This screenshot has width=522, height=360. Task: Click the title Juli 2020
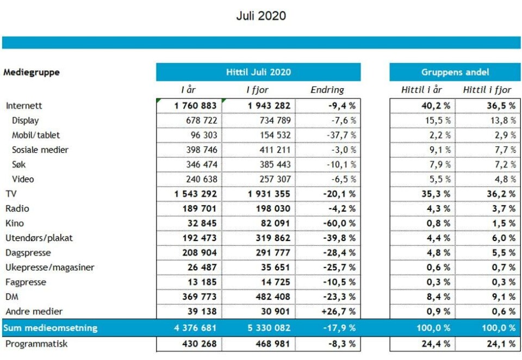click(x=261, y=16)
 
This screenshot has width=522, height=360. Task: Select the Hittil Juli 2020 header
click(x=258, y=72)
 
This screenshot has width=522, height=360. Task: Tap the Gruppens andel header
click(x=455, y=72)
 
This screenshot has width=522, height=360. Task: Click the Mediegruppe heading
click(x=32, y=72)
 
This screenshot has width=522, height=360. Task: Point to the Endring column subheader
click(x=327, y=90)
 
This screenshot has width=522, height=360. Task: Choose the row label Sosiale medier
click(x=40, y=150)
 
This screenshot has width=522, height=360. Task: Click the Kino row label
click(x=15, y=223)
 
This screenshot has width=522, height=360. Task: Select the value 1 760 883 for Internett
click(x=195, y=105)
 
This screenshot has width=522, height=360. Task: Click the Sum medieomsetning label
click(x=50, y=328)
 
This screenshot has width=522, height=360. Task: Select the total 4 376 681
click(x=195, y=328)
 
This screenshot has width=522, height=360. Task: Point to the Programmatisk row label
click(x=36, y=344)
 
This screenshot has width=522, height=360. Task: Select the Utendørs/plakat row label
click(x=39, y=238)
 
